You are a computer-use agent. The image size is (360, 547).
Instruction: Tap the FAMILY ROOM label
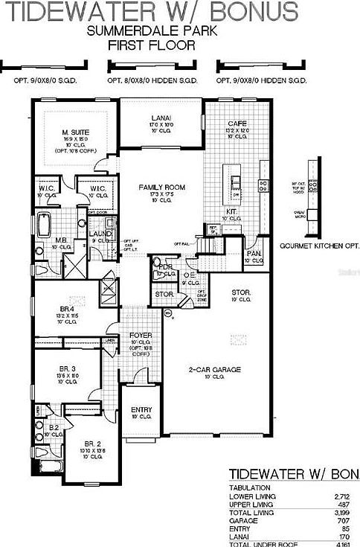(161, 187)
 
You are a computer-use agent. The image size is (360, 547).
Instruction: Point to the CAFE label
(237, 124)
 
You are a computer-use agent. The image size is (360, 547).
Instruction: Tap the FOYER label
(141, 336)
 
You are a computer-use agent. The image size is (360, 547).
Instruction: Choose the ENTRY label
(141, 410)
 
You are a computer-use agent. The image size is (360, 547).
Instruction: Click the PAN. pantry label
(254, 254)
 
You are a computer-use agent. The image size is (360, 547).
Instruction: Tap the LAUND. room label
(100, 234)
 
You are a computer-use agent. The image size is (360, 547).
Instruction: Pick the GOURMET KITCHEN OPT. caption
(319, 245)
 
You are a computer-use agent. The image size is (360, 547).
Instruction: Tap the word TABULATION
(249, 487)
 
